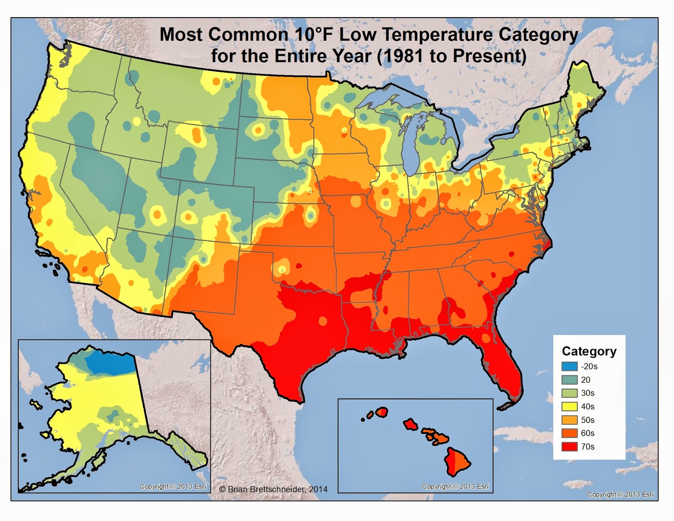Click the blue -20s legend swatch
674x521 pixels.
[x=569, y=366]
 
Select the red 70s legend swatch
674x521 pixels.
[x=569, y=446]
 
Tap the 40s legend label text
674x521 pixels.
[x=588, y=406]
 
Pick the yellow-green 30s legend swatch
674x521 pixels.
[x=569, y=393]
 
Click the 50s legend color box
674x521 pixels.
[x=569, y=420]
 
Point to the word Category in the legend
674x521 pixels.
[x=589, y=351]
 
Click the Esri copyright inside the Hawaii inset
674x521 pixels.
[x=455, y=486]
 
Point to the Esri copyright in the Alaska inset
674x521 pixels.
[x=173, y=486]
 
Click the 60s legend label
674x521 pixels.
[x=588, y=433]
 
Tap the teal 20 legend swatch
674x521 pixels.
[x=569, y=380]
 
